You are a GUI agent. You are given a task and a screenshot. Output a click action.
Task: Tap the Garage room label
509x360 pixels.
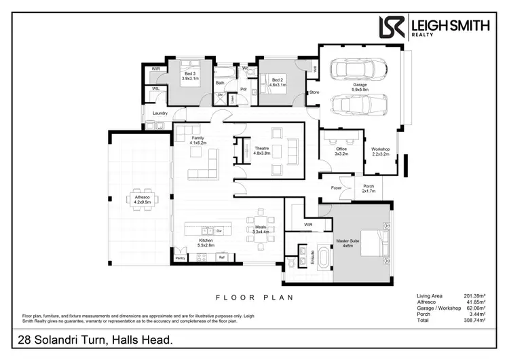click(359, 86)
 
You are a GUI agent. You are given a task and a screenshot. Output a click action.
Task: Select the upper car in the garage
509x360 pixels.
click(358, 69)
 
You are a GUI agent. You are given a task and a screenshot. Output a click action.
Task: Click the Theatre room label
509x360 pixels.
click(263, 151)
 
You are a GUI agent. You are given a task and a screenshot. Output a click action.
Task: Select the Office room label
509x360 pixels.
click(341, 151)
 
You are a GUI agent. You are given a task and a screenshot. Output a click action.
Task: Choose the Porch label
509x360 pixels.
click(369, 189)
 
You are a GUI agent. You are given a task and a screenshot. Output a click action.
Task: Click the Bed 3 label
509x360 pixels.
click(189, 76)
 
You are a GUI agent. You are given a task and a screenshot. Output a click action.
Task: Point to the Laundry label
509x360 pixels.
click(160, 113)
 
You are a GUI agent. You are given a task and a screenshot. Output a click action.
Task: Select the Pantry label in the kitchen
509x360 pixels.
click(180, 258)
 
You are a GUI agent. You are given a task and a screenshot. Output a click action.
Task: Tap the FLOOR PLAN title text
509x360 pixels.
click(254, 298)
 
